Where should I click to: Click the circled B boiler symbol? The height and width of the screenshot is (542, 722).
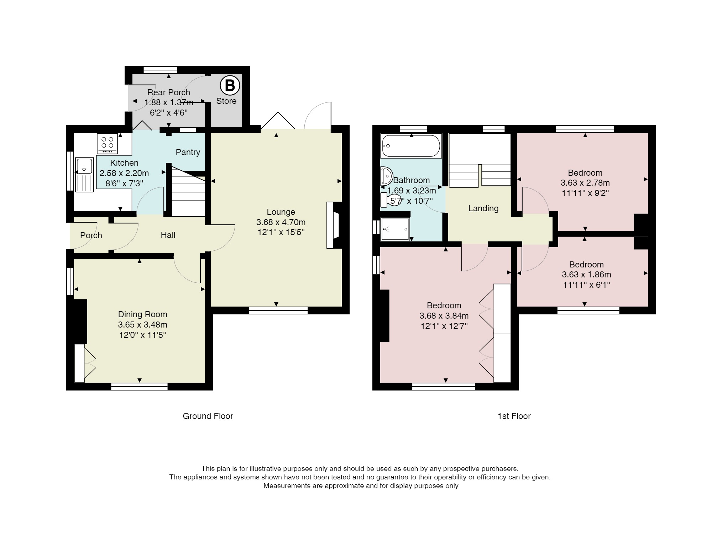pyautogui.click(x=230, y=86)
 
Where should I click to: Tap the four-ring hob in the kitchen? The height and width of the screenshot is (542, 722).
pyautogui.click(x=107, y=144)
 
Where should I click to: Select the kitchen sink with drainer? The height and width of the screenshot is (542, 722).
pyautogui.click(x=84, y=175)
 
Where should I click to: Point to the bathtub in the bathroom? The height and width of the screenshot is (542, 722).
pyautogui.click(x=411, y=146)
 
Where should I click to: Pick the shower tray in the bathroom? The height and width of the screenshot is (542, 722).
pyautogui.click(x=395, y=229)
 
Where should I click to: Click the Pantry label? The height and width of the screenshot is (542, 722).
pyautogui.click(x=188, y=152)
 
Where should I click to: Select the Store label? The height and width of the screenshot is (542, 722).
pyautogui.click(x=226, y=101)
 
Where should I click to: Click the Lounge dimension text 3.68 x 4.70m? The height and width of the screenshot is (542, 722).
pyautogui.click(x=281, y=222)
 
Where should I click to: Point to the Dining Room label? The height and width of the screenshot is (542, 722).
pyautogui.click(x=142, y=314)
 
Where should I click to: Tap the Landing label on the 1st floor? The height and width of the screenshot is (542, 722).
pyautogui.click(x=483, y=208)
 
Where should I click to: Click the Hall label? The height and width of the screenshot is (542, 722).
pyautogui.click(x=168, y=235)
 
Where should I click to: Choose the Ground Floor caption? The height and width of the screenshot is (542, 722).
pyautogui.click(x=208, y=416)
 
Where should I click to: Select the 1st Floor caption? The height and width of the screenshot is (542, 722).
pyautogui.click(x=514, y=416)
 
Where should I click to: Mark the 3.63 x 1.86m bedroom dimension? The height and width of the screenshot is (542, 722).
pyautogui.click(x=586, y=275)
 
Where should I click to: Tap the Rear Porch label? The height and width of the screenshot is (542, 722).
pyautogui.click(x=169, y=92)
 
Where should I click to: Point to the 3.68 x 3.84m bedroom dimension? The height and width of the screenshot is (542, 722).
pyautogui.click(x=444, y=316)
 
